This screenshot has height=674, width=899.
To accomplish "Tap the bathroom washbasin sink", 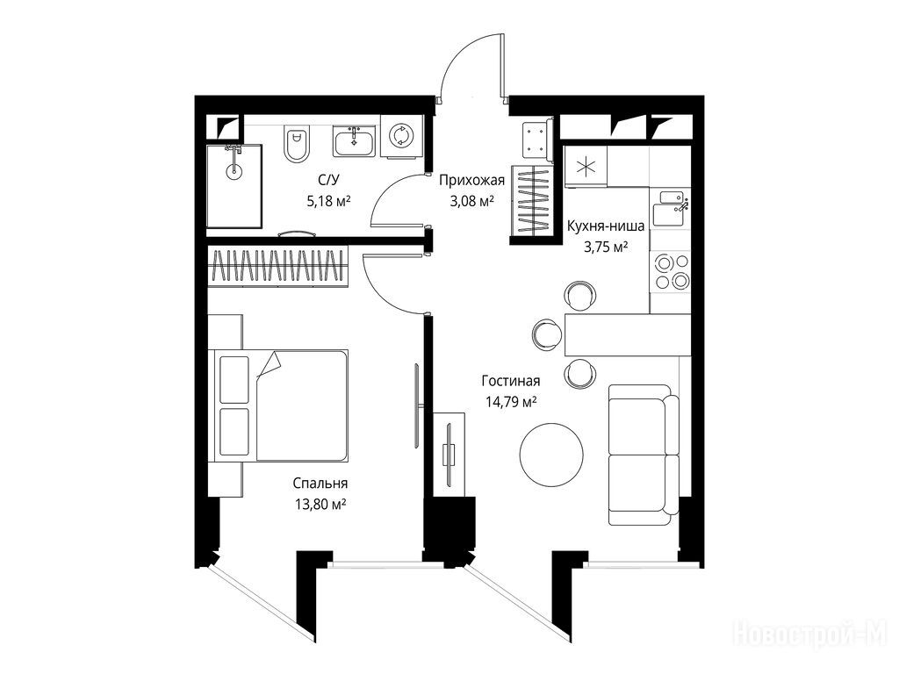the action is (355, 141).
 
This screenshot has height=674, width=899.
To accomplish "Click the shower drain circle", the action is (234, 170).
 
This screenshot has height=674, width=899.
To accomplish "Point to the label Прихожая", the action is (471, 181).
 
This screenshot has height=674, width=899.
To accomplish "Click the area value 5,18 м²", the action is (328, 201).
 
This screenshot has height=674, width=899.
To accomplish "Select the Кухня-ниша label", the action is (606, 226).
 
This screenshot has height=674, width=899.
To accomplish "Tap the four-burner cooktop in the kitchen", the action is (672, 272).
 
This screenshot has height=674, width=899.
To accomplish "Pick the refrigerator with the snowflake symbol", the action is (586, 167).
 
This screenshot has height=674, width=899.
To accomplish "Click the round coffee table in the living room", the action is (551, 455).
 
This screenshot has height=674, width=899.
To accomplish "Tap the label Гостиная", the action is (510, 381).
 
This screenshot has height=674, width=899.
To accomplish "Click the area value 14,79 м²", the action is (511, 402).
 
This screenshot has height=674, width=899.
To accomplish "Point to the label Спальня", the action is (320, 484).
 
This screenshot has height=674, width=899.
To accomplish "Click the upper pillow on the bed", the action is (234, 379).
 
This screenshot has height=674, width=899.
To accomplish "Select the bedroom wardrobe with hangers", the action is (278, 267).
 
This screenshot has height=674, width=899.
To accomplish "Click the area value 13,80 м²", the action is (320, 505).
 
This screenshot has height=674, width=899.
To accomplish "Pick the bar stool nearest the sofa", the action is (579, 373).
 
